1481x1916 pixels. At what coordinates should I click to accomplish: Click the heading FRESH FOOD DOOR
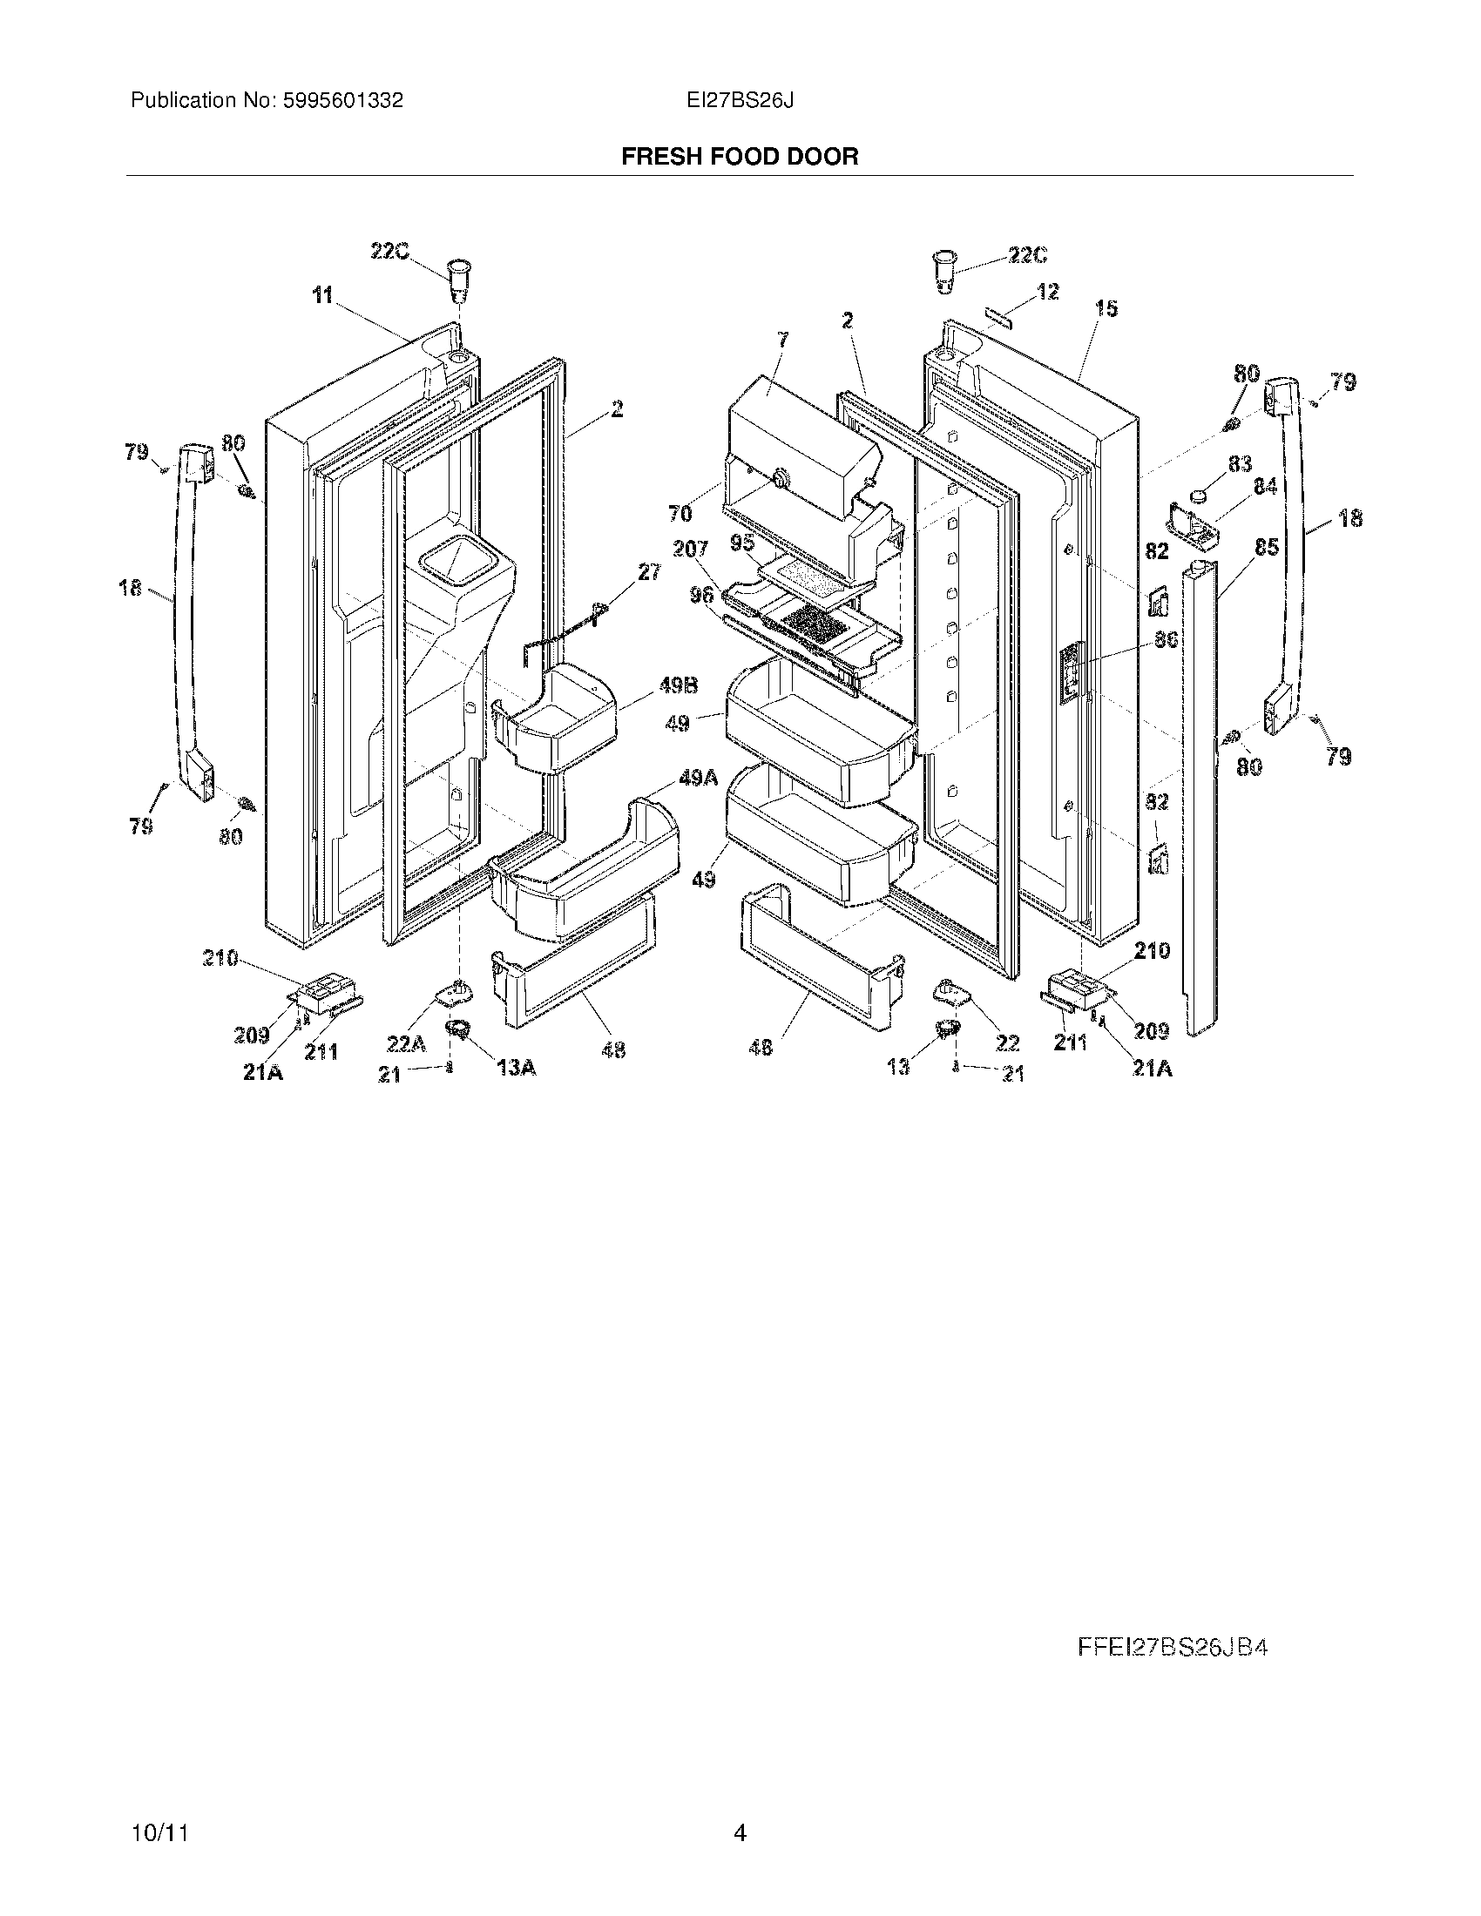[740, 157]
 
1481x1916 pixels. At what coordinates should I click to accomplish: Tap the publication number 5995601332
[342, 101]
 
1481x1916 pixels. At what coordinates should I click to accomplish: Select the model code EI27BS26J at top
[740, 101]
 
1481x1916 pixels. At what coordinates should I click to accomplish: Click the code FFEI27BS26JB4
[1172, 1648]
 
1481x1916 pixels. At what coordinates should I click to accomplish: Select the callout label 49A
[698, 777]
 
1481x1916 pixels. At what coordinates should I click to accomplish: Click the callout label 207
[691, 550]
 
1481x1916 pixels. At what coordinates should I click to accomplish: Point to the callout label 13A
[516, 1067]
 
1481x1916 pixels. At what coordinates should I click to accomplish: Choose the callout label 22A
[406, 1043]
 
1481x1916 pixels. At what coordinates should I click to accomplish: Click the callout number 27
[649, 572]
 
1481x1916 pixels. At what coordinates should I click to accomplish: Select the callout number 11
[323, 295]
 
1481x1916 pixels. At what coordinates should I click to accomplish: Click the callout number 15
[1106, 309]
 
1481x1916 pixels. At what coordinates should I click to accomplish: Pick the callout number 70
[680, 513]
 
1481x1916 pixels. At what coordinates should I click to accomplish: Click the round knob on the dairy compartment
[780, 477]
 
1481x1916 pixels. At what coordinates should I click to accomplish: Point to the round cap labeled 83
[1198, 496]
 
